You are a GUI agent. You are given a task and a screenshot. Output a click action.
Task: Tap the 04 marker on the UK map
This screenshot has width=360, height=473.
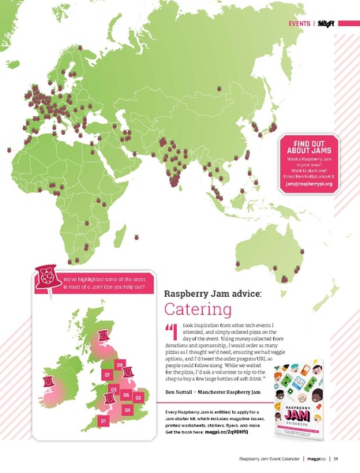click(x=128, y=410)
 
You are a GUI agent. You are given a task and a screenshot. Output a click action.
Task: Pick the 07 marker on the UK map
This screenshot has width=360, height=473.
click(x=107, y=374)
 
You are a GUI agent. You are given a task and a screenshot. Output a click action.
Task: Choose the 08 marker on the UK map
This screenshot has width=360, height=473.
click(x=119, y=364)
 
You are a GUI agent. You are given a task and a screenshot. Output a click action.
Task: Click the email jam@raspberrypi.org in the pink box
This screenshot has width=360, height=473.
click(x=309, y=183)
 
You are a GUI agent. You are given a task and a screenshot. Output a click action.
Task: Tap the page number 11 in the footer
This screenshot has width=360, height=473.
click(x=336, y=458)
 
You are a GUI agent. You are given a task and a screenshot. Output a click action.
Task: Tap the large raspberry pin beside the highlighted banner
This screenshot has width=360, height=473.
click(x=47, y=277)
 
